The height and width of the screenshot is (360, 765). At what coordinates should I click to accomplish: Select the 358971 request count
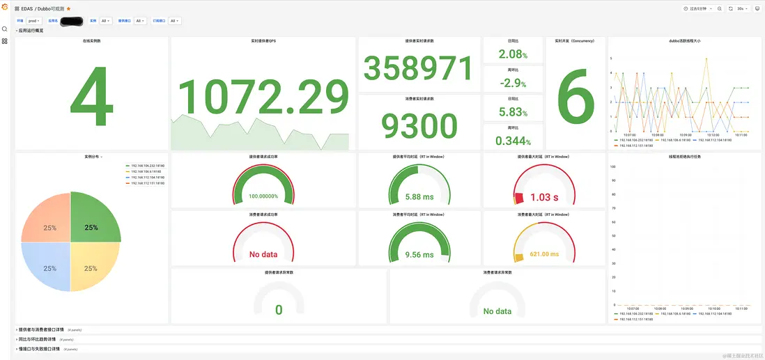click(x=419, y=68)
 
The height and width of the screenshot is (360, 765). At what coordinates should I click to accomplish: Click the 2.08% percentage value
click(x=513, y=54)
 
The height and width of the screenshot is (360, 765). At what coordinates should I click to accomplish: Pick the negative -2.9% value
click(x=513, y=83)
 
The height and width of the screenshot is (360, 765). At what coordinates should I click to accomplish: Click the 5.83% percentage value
click(x=513, y=111)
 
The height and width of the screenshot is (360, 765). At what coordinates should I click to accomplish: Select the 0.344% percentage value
click(x=513, y=141)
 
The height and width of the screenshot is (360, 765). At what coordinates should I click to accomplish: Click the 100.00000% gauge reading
click(x=263, y=197)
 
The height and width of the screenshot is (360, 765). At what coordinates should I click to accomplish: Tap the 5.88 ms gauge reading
click(x=418, y=197)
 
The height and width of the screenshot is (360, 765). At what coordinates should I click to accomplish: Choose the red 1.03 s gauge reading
click(x=544, y=197)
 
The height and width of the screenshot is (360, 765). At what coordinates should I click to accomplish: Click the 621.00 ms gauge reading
click(x=544, y=254)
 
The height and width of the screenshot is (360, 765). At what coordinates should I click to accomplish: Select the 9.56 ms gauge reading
click(x=418, y=254)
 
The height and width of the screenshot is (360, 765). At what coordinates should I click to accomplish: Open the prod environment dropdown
click(x=34, y=21)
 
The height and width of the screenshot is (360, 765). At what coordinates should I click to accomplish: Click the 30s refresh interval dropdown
click(x=743, y=8)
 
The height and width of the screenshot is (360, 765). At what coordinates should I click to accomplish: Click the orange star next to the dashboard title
click(x=68, y=8)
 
